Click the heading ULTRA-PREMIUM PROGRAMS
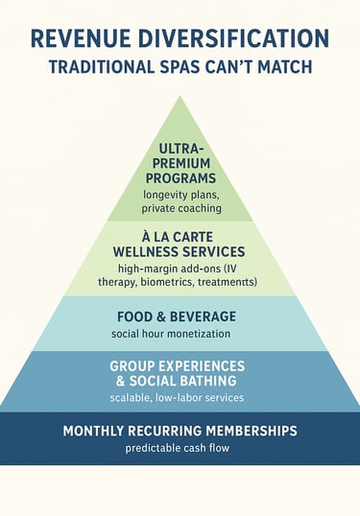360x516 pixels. (x=180, y=164)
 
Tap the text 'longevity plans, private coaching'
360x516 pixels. (x=180, y=199)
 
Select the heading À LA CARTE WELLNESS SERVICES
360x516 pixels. (x=180, y=243)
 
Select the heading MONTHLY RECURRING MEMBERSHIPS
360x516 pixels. (x=180, y=431)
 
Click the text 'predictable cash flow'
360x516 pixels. (x=180, y=448)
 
